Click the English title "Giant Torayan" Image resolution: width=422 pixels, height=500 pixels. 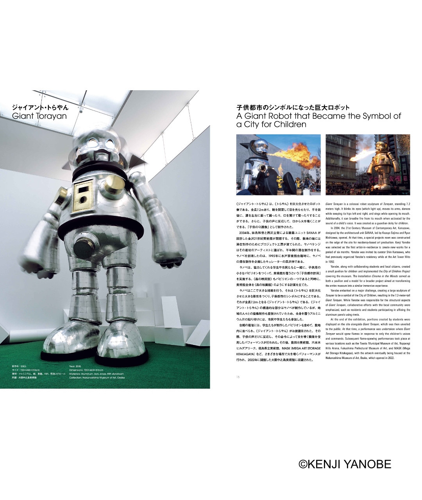(x=39, y=116)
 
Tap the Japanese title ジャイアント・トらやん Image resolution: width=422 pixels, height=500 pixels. (x=40, y=107)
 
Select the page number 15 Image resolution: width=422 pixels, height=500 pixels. (x=238, y=377)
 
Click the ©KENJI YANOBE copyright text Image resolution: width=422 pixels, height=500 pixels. (x=345, y=464)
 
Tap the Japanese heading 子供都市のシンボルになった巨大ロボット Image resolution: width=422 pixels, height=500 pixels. (x=293, y=107)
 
